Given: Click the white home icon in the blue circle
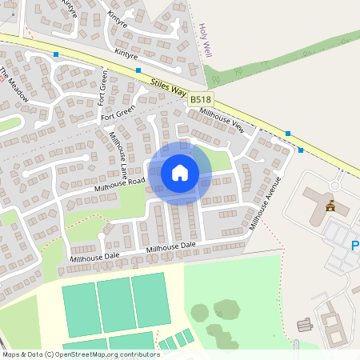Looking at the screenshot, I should [x=180, y=172].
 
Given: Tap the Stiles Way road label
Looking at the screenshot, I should [x=169, y=86].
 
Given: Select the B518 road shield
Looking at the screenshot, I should [x=200, y=99].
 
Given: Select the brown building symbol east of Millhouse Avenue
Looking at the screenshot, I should [x=330, y=207].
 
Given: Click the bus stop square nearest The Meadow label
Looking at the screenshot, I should [x=56, y=54].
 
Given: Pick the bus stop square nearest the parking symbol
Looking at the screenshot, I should [x=301, y=150].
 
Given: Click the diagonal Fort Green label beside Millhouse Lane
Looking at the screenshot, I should [x=118, y=114].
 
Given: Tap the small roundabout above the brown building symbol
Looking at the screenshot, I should [x=334, y=186].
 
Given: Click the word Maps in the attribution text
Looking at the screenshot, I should [x=11, y=354].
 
